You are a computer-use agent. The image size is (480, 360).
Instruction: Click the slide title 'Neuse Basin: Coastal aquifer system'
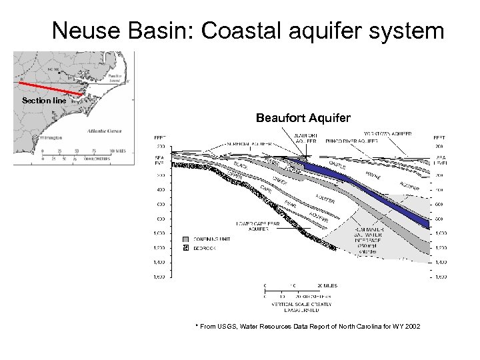247,30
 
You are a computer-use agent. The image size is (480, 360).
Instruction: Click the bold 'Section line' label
43,101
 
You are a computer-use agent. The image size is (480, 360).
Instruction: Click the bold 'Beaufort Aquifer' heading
303,118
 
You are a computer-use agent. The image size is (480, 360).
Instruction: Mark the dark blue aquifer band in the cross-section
373,191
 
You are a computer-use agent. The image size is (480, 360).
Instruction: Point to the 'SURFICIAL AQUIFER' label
249,143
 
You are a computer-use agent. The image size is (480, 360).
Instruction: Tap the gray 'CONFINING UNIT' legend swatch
186,238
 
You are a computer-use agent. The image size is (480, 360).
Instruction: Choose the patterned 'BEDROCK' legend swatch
186,248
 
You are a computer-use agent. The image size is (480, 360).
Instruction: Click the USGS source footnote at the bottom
307,326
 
